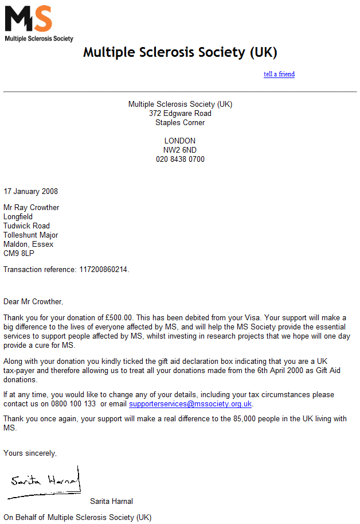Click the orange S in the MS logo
click(42, 20)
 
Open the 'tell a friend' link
click(279, 74)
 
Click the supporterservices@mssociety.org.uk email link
click(190, 404)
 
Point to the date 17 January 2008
click(31, 192)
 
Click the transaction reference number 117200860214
click(103, 270)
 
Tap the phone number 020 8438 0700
click(180, 160)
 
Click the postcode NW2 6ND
click(180, 150)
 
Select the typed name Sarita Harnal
click(111, 502)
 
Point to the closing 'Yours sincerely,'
click(30, 453)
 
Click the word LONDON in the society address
click(180, 141)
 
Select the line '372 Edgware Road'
click(180, 114)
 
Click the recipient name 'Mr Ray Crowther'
click(32, 208)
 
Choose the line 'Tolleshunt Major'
click(31, 235)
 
